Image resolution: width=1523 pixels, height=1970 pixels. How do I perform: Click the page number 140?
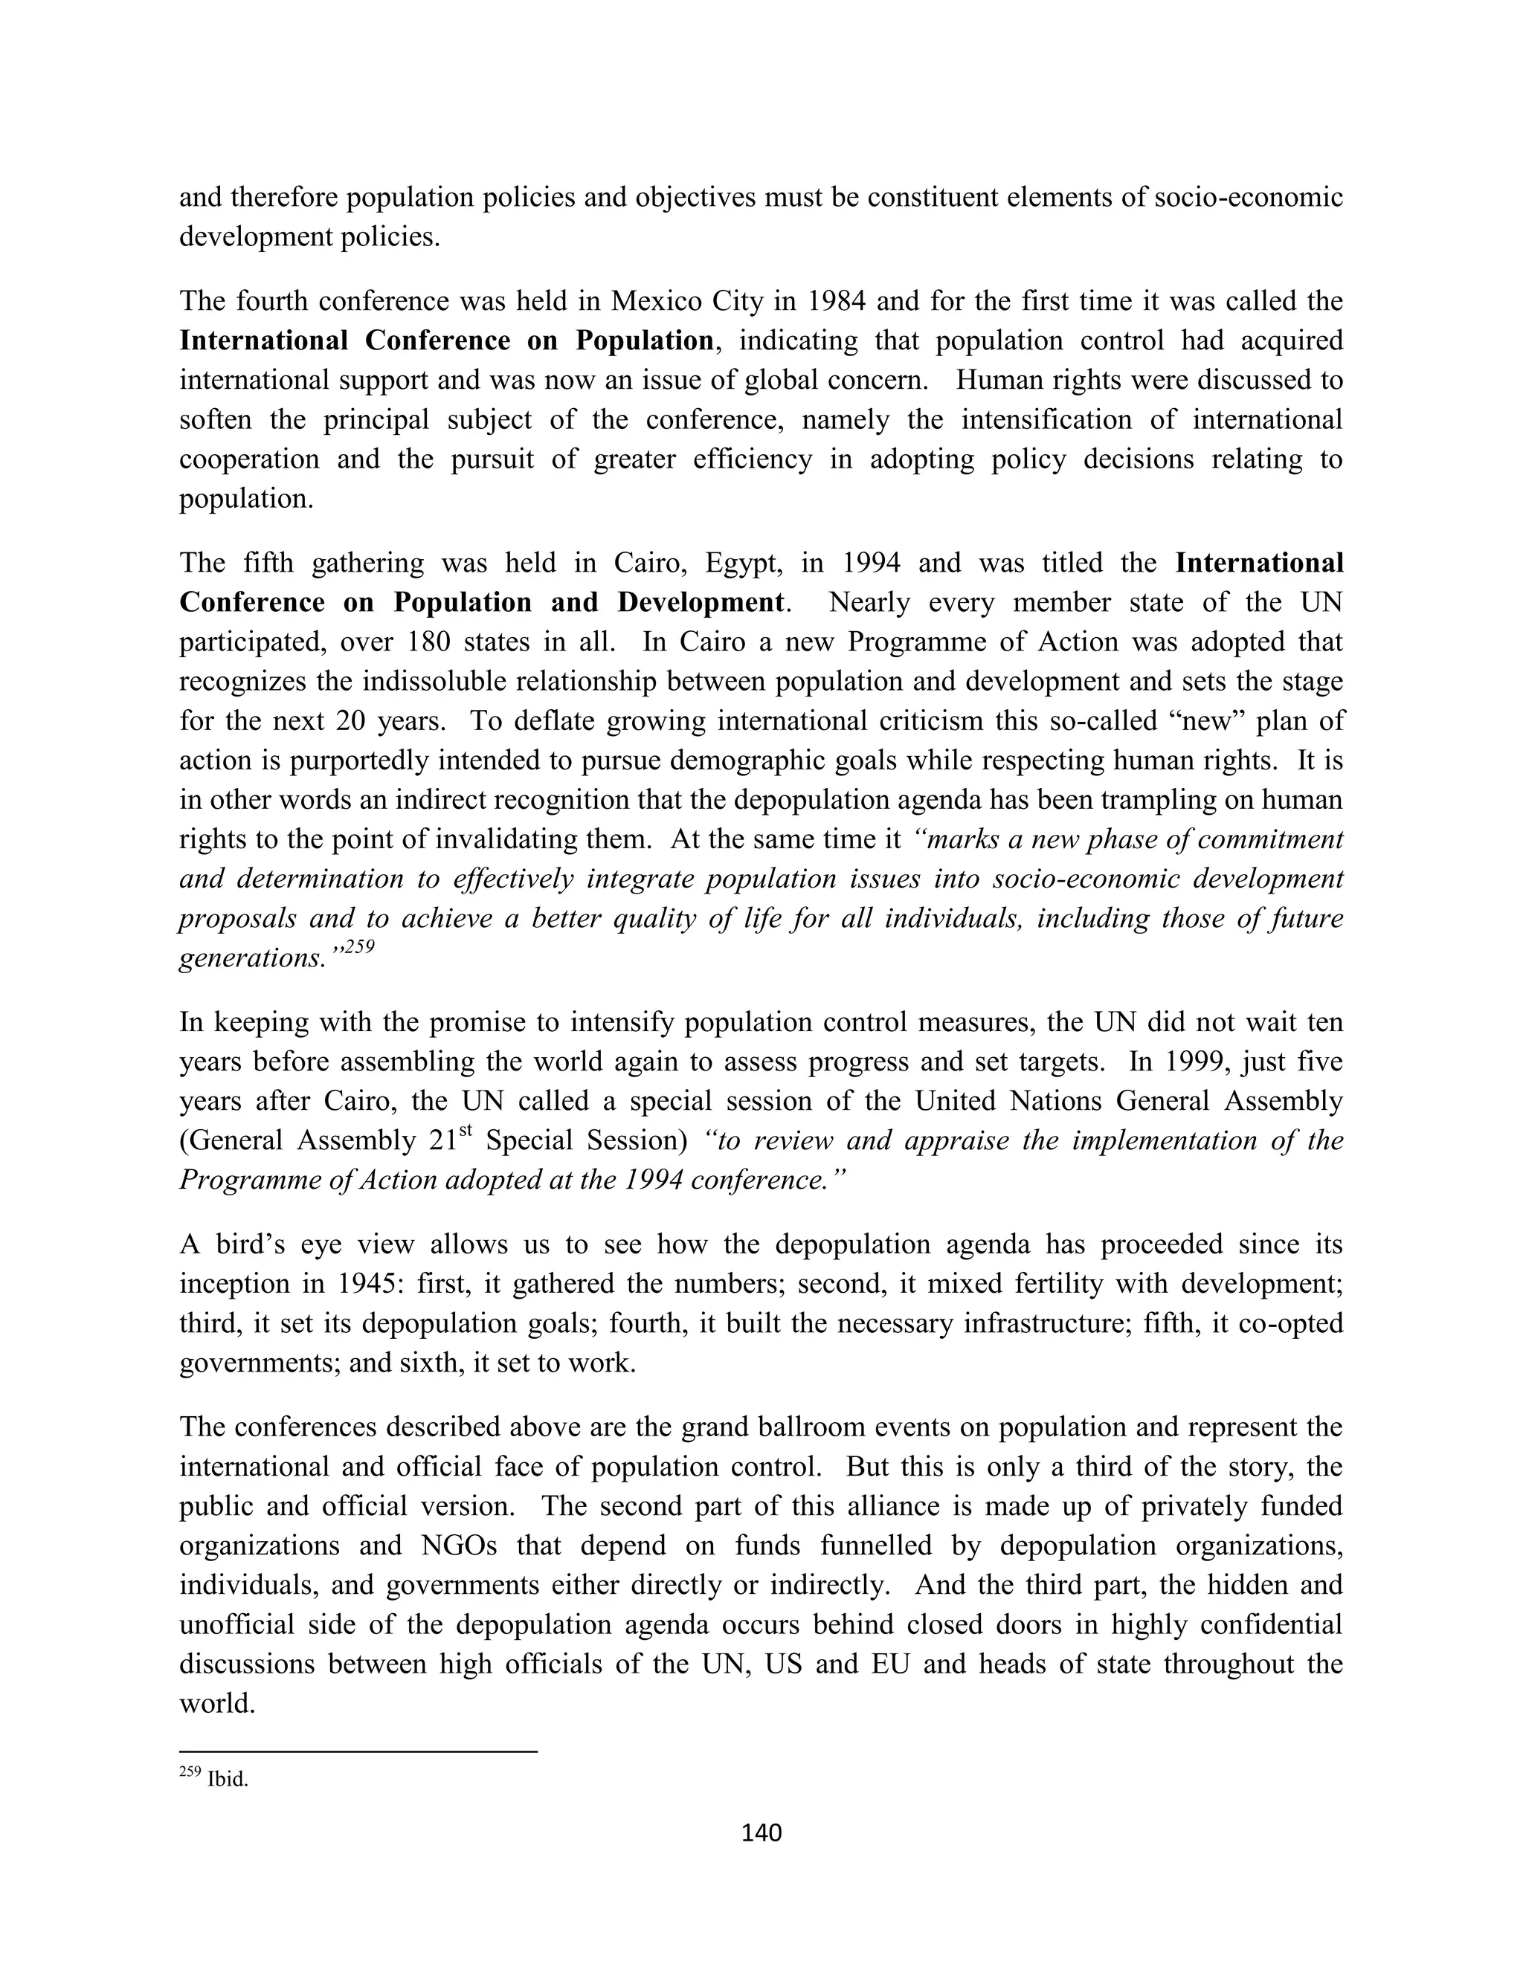click(761, 1832)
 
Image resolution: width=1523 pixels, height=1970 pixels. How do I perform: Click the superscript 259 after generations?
click(358, 948)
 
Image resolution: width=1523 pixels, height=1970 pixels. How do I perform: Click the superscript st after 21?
click(466, 1131)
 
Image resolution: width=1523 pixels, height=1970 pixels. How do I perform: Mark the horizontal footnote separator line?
click(358, 1751)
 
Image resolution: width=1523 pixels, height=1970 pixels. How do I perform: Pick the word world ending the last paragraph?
click(216, 1703)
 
